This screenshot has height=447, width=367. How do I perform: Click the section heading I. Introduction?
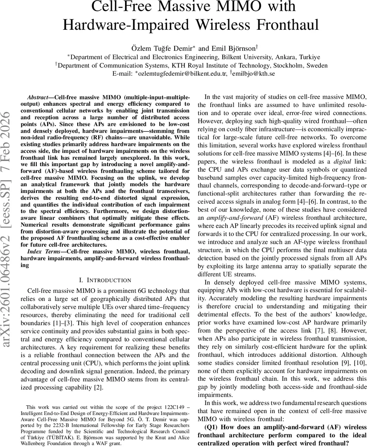pyautogui.click(x=105, y=280)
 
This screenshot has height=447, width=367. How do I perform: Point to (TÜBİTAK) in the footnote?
pyautogui.click(x=49, y=438)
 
